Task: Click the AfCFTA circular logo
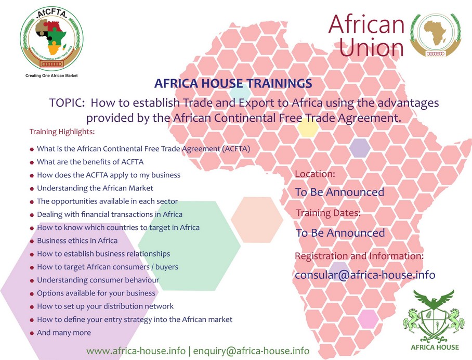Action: point(52,39)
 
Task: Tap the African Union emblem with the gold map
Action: point(436,35)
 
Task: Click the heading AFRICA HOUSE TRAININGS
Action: point(233,83)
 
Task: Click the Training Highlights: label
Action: point(62,132)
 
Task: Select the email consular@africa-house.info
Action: point(365,275)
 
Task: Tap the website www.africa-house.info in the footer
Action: point(136,351)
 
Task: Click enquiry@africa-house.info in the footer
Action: point(251,351)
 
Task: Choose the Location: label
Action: point(315,174)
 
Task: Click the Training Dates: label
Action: point(329,213)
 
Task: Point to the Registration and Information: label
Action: point(359,256)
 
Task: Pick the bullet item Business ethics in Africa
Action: point(77,241)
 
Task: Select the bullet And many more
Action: point(64,332)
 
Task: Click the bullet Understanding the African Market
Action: point(95,188)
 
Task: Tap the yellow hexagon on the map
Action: point(308,127)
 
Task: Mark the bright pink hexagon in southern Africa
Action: point(368,319)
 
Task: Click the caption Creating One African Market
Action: point(51,75)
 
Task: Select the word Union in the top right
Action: point(372,47)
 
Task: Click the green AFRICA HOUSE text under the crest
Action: point(435,348)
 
